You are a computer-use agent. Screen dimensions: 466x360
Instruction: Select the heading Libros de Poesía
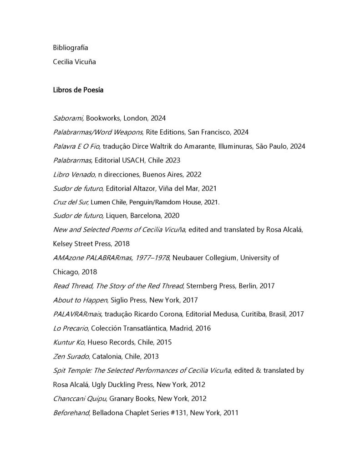pyautogui.click(x=78, y=90)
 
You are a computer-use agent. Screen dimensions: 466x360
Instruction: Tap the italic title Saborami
pyautogui.click(x=68, y=118)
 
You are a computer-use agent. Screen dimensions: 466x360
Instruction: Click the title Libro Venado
pyautogui.click(x=73, y=174)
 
